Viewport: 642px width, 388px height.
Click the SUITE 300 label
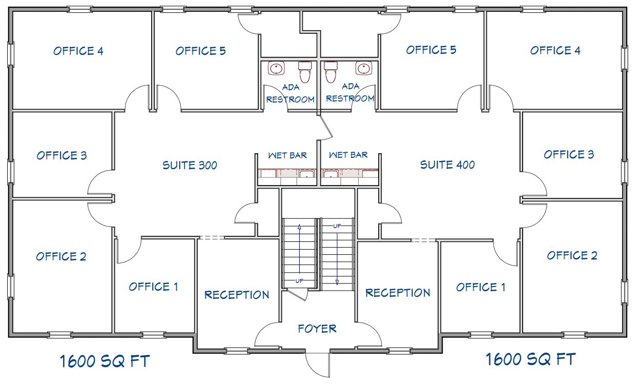point(190,165)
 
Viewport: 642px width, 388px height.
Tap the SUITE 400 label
point(447,165)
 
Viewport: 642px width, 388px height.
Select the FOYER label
point(317,329)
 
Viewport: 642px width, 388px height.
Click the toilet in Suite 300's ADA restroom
point(305,72)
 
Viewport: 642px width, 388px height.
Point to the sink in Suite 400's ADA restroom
point(364,69)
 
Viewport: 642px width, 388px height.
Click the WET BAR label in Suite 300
point(287,155)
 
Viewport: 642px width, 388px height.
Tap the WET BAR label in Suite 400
point(348,155)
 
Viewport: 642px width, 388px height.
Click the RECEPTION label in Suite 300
point(237,295)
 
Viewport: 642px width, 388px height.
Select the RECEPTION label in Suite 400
point(398,293)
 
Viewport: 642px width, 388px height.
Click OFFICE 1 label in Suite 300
point(153,287)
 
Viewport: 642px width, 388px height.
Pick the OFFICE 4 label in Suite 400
point(555,50)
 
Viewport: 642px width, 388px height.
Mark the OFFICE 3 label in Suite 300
point(61,155)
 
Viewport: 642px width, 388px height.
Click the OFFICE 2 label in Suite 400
point(572,256)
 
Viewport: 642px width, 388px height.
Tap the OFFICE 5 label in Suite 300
point(201,51)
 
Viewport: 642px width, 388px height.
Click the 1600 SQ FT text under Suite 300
point(105,361)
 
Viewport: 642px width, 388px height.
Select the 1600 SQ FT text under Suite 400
point(531,359)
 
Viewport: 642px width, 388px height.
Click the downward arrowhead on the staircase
point(337,282)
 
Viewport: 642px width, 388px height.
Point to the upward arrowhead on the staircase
point(300,227)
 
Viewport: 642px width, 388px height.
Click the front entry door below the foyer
point(318,365)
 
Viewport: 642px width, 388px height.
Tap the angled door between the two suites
point(326,127)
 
